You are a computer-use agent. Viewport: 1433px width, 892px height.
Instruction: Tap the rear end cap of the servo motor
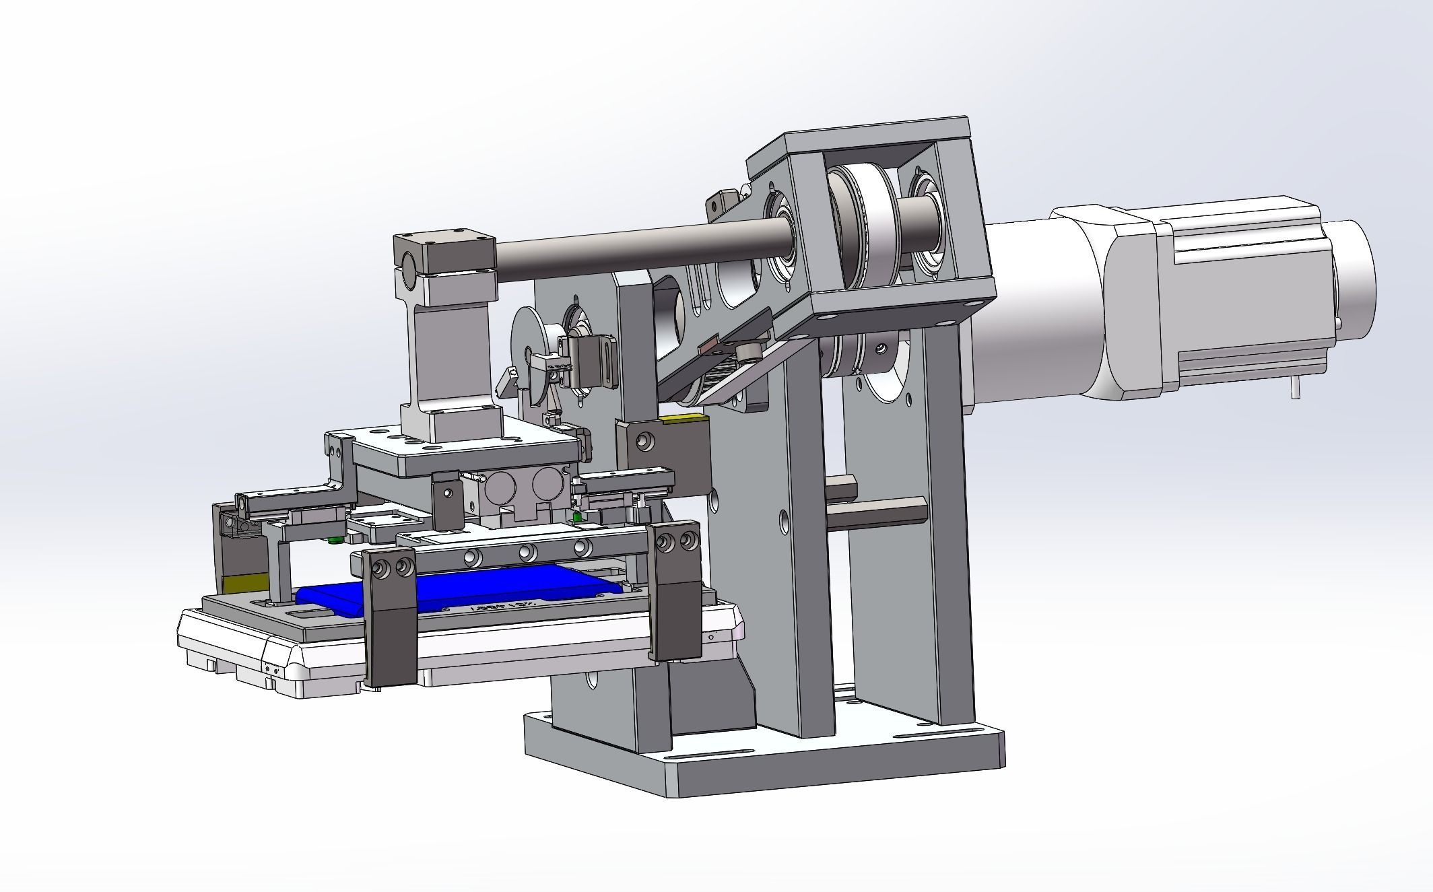1354,276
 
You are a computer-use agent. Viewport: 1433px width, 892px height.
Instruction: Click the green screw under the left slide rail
333,539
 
